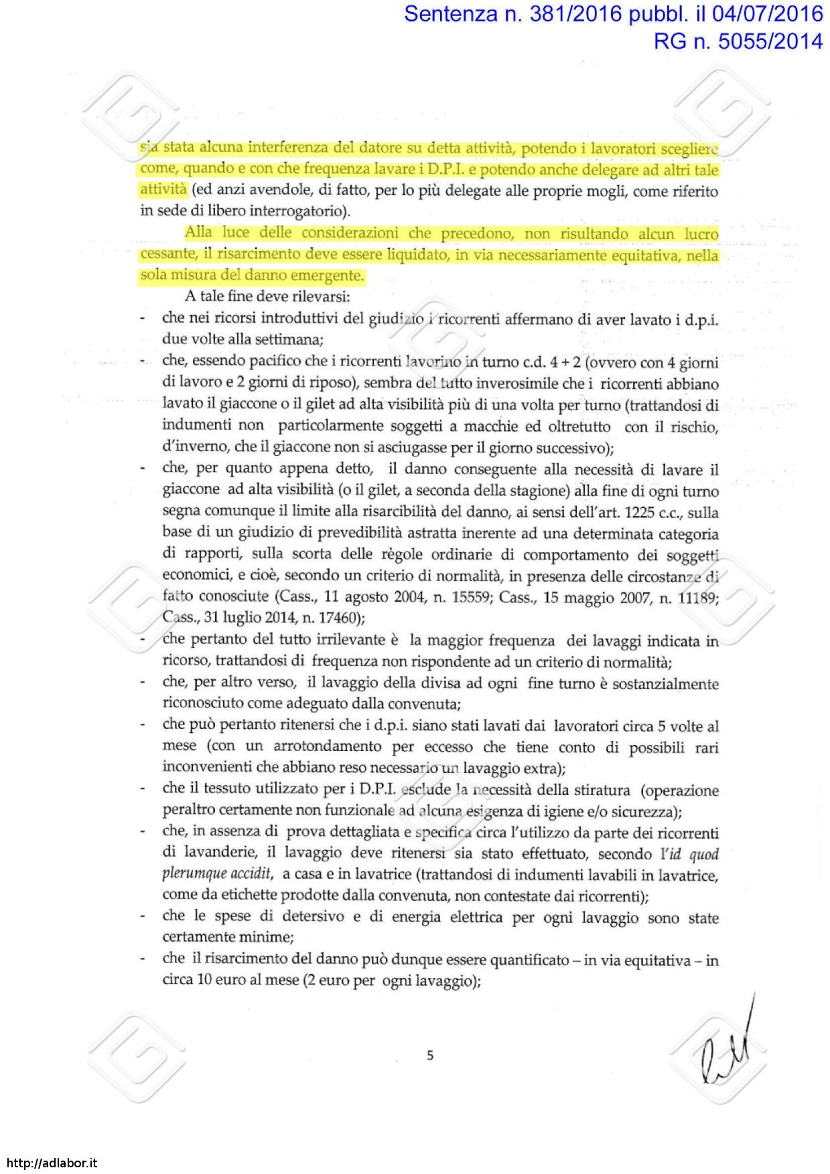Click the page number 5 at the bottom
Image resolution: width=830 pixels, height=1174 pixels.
pos(430,1056)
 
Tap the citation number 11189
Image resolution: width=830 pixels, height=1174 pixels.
pos(697,598)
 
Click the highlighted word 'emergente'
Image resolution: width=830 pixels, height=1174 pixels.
pos(331,275)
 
